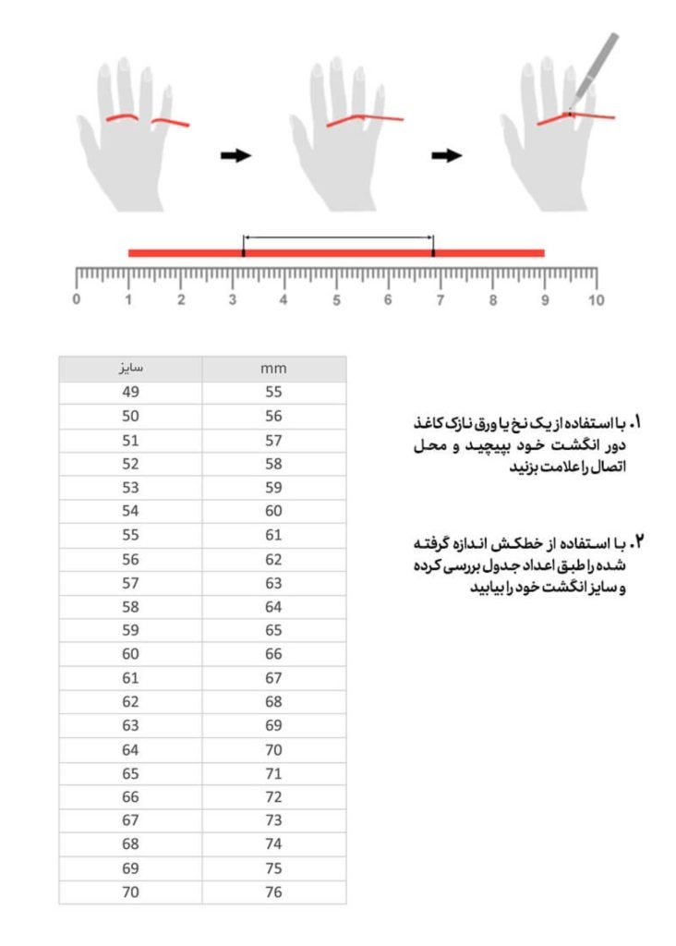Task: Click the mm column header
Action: click(x=273, y=368)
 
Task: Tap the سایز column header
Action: click(x=130, y=368)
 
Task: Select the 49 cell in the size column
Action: click(x=130, y=392)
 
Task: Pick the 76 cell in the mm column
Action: click(x=273, y=892)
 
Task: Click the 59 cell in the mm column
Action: click(x=273, y=487)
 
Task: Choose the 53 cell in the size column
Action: click(x=130, y=487)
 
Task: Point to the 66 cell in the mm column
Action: click(x=273, y=654)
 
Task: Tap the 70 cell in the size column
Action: click(x=130, y=892)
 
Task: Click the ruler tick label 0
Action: click(x=76, y=299)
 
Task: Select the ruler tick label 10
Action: click(x=597, y=299)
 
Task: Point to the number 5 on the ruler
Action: click(x=336, y=299)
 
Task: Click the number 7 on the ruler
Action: click(x=441, y=299)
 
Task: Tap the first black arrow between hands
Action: click(x=235, y=155)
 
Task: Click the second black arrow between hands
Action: click(x=447, y=155)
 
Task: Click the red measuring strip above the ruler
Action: click(x=336, y=252)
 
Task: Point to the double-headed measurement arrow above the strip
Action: click(x=338, y=237)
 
